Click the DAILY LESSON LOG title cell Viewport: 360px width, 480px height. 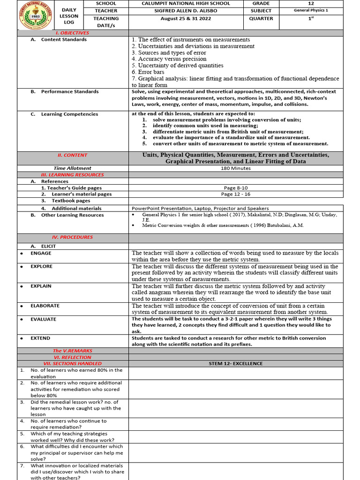69,15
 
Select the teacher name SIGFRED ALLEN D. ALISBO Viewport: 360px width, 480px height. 186,11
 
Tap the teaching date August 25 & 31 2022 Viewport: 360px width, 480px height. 186,19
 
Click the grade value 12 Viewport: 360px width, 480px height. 311,3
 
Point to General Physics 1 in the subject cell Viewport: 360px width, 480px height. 311,11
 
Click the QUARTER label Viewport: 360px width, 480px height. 261,19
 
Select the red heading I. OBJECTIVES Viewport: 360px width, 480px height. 72,33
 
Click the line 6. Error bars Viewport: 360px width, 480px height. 154,72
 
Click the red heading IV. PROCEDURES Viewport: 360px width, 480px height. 72,237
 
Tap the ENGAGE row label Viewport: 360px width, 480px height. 41,253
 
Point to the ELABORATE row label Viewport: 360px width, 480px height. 45,306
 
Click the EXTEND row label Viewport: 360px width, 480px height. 40,338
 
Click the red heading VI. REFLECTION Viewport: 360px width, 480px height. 72,357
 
